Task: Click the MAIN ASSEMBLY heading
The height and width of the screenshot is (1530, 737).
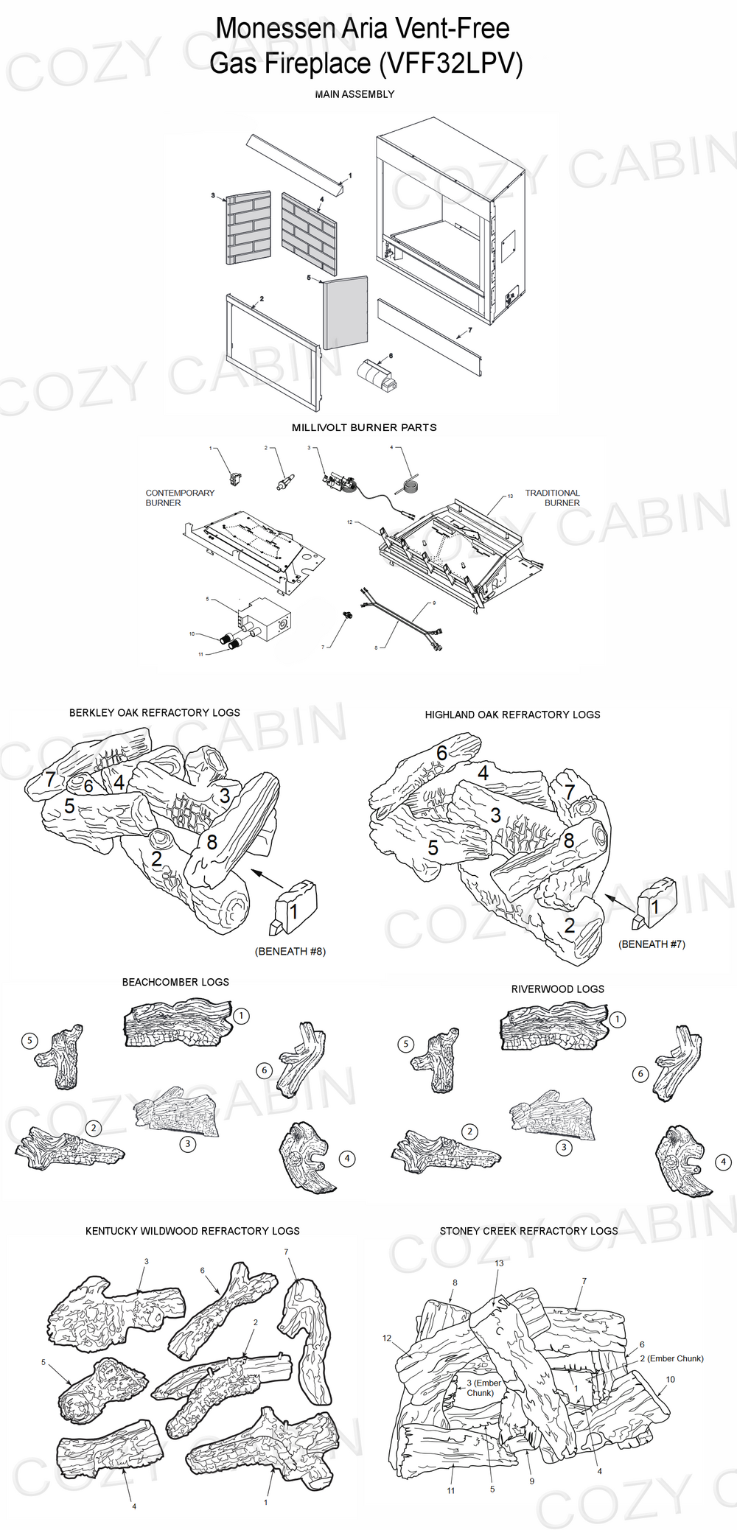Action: tap(354, 94)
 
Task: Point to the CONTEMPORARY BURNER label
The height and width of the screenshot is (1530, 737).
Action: tap(179, 498)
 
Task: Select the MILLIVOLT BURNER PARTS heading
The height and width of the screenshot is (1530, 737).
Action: tap(364, 427)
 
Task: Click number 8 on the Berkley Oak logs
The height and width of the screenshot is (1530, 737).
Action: tap(212, 841)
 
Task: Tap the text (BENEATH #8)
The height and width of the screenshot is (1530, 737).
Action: tap(290, 951)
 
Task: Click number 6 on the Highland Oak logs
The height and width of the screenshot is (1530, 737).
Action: tap(441, 753)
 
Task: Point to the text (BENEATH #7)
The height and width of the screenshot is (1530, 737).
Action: tap(652, 944)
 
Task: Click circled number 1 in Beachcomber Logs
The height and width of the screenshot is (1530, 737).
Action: tap(241, 1016)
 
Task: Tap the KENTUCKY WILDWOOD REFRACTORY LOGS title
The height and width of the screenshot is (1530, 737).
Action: tap(192, 1231)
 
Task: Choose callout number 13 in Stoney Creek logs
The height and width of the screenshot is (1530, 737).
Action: tap(499, 1263)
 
